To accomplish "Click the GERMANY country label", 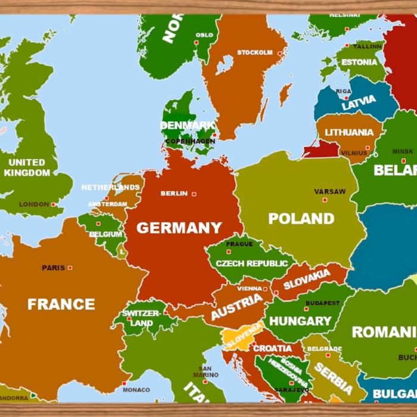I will (179, 228).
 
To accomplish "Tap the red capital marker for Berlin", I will (194, 194).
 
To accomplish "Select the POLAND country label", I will (301, 219).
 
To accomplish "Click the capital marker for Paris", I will (70, 268).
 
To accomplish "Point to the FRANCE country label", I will (61, 304).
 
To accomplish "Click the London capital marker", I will (53, 204).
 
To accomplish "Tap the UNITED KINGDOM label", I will (27, 167).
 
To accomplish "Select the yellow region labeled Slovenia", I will (241, 337).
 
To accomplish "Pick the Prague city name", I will (239, 244).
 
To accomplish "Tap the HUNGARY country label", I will (300, 321).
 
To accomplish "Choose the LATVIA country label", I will (358, 102).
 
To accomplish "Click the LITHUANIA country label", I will (349, 132).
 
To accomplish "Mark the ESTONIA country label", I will (359, 62).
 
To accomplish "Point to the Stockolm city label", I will (254, 52).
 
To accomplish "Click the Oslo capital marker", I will (197, 43).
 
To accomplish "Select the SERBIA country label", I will (334, 378).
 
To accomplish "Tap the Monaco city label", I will (136, 390).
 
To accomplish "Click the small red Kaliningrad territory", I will (321, 149).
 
